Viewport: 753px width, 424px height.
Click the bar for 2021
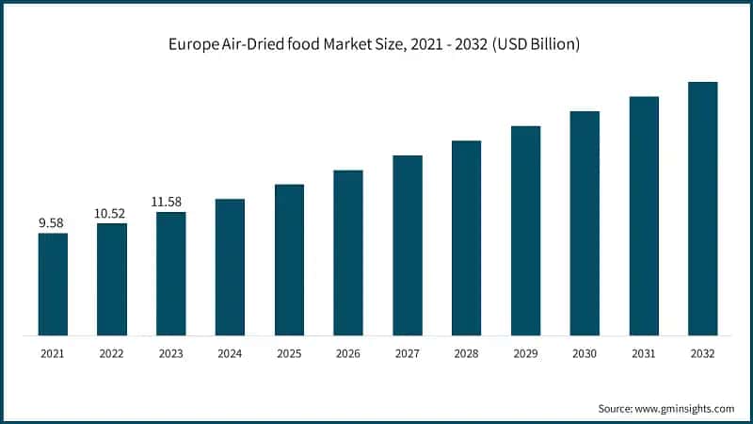53,284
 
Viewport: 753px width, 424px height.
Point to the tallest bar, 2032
702,208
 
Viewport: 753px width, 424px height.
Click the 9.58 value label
53,223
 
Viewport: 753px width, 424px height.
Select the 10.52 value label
111,214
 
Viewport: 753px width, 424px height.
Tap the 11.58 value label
170,202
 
